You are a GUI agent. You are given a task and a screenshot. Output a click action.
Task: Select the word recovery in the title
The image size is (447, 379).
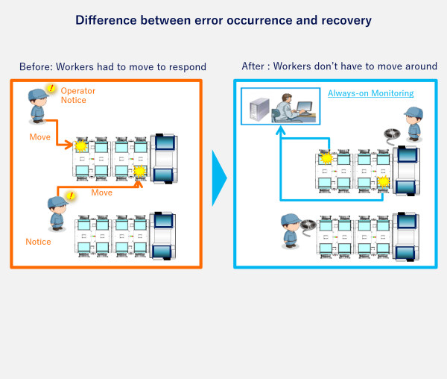tap(343, 20)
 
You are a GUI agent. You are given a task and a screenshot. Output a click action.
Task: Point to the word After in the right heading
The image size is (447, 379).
tap(253, 67)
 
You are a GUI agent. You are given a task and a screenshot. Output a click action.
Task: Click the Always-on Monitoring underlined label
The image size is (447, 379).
tap(370, 93)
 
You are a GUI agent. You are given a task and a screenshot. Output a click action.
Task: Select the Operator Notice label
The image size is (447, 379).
tap(77, 95)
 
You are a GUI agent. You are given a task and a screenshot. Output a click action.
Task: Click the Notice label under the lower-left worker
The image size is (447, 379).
tap(38, 242)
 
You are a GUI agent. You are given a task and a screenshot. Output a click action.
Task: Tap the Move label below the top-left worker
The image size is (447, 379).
tap(40, 137)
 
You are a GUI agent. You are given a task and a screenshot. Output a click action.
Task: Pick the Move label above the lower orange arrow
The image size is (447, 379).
tap(101, 192)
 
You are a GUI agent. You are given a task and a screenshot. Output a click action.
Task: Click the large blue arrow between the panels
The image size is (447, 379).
tap(219, 178)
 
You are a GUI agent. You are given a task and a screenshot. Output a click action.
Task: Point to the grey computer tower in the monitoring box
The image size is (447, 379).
tap(257, 109)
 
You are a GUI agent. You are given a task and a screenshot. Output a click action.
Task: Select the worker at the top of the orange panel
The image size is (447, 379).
tap(38, 105)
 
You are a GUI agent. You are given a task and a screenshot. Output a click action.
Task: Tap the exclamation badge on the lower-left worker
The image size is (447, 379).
tap(71, 196)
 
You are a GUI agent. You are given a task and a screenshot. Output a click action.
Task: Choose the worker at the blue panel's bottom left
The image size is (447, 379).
tap(291, 231)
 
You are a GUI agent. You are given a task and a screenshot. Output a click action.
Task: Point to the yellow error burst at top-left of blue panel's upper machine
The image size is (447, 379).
tap(326, 158)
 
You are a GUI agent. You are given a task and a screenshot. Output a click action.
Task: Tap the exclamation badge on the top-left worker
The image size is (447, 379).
tap(51, 90)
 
